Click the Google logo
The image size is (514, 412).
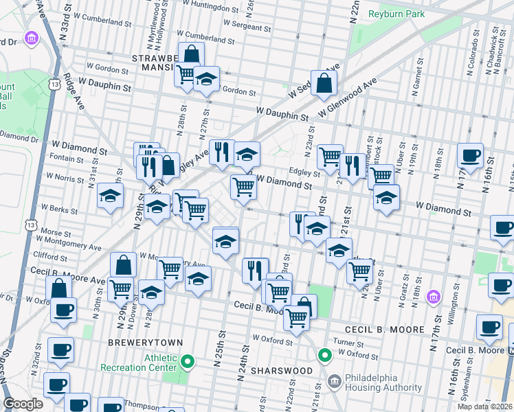(x=23, y=404)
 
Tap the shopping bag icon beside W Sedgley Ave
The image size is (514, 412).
(x=323, y=82)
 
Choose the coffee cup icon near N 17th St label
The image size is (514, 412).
(x=470, y=155)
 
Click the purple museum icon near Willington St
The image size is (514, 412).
(x=433, y=297)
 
